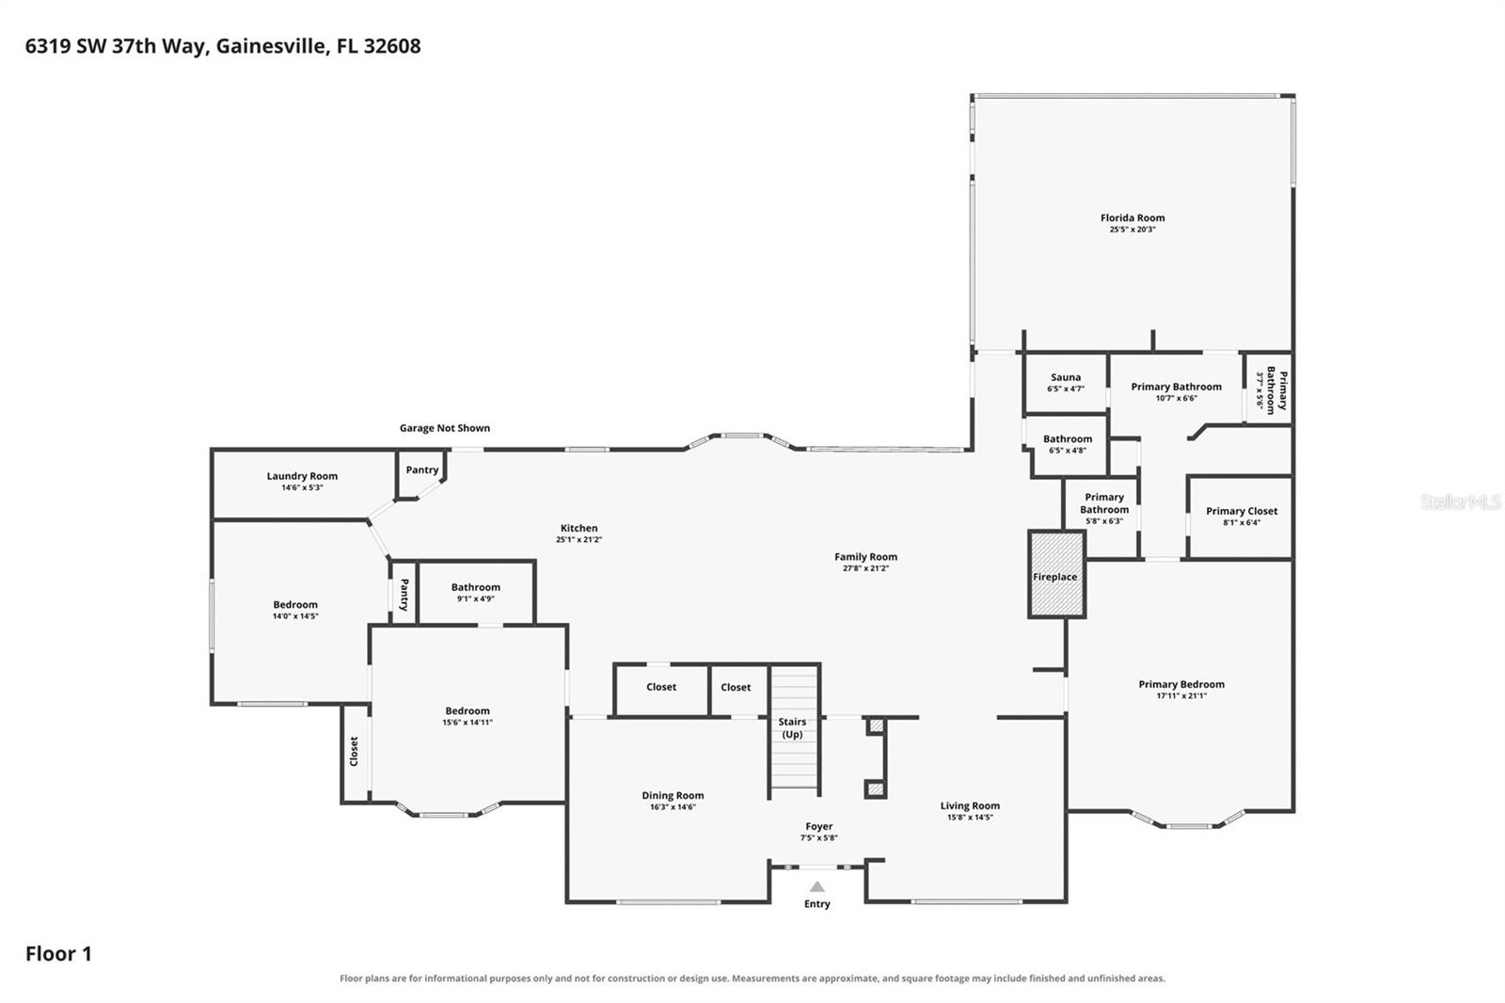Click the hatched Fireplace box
pyautogui.click(x=1056, y=574)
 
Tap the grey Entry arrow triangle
pyautogui.click(x=817, y=886)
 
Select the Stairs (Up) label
pyautogui.click(x=792, y=727)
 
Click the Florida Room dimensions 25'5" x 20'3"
pyautogui.click(x=1133, y=230)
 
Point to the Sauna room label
pyautogui.click(x=1066, y=377)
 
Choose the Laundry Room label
pyautogui.click(x=302, y=476)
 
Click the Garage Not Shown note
pyautogui.click(x=445, y=427)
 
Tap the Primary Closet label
pyautogui.click(x=1242, y=511)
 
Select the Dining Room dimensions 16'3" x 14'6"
pyautogui.click(x=673, y=806)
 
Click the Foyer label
pyautogui.click(x=819, y=826)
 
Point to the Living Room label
pyautogui.click(x=970, y=805)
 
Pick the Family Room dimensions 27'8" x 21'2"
pyautogui.click(x=865, y=568)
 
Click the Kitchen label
pyautogui.click(x=578, y=528)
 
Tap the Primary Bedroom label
pyautogui.click(x=1181, y=684)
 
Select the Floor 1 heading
pyautogui.click(x=58, y=953)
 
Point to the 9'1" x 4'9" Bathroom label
pyautogui.click(x=476, y=587)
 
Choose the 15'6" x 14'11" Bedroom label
pyautogui.click(x=467, y=710)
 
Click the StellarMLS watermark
pyautogui.click(x=1460, y=501)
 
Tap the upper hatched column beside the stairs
pyautogui.click(x=876, y=726)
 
